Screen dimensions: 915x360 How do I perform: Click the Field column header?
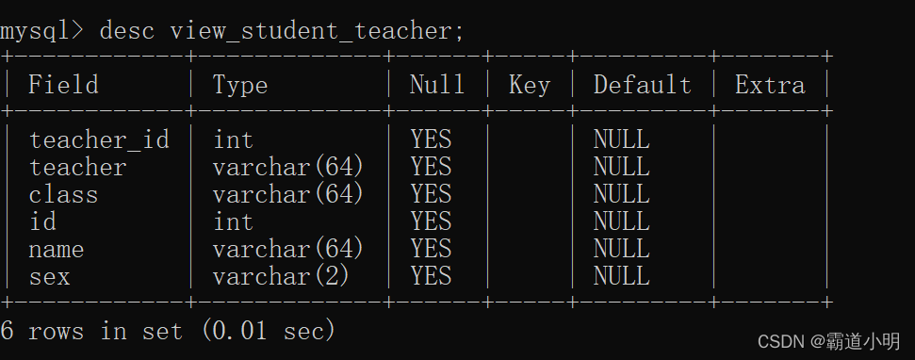point(63,85)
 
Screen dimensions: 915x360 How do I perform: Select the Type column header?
point(240,86)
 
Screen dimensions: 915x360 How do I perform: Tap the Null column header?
point(437,85)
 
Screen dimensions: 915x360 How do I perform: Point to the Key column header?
point(530,86)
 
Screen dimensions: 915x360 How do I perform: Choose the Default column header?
point(642,85)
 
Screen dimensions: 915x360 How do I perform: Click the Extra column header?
point(770,85)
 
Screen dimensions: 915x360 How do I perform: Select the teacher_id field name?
point(99,140)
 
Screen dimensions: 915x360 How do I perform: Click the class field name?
point(63,194)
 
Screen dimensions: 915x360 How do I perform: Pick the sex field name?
point(50,276)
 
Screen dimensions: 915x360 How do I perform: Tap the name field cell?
point(57,250)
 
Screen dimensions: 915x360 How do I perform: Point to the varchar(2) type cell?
point(281,276)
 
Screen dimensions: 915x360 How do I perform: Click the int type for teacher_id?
point(233,140)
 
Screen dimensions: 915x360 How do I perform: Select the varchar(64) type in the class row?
point(287,194)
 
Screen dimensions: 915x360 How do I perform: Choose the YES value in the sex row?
point(432,276)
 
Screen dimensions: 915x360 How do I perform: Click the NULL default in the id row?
point(622,221)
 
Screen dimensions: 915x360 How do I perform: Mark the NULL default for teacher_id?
point(622,140)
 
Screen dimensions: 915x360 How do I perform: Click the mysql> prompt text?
point(42,31)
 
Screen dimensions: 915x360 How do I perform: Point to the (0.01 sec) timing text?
point(269,331)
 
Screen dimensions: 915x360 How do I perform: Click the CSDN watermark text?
point(782,341)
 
